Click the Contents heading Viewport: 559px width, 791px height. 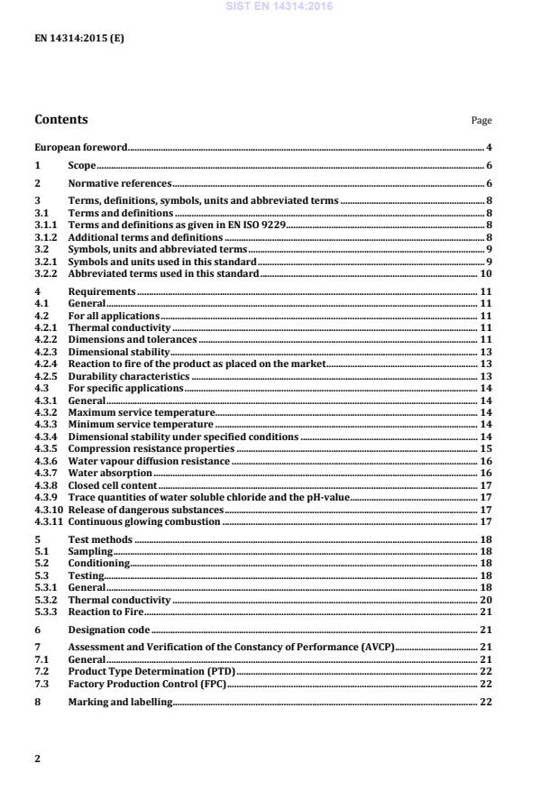(x=61, y=119)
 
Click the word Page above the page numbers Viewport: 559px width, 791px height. (x=481, y=120)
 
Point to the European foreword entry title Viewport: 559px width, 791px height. (x=80, y=146)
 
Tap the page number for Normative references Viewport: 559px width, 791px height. (x=488, y=183)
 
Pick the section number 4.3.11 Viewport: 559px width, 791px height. (x=49, y=521)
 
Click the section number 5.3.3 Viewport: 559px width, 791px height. (x=46, y=612)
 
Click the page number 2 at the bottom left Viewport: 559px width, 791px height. (x=37, y=759)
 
